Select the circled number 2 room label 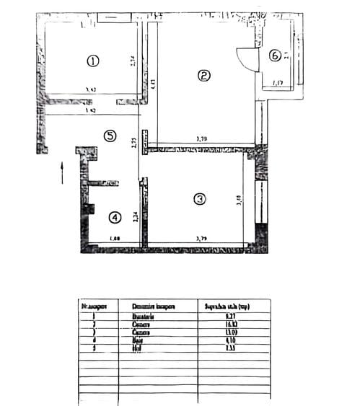click(x=204, y=75)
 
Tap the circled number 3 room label click(x=200, y=198)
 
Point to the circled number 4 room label click(x=114, y=216)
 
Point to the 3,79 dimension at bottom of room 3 click(x=202, y=238)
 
